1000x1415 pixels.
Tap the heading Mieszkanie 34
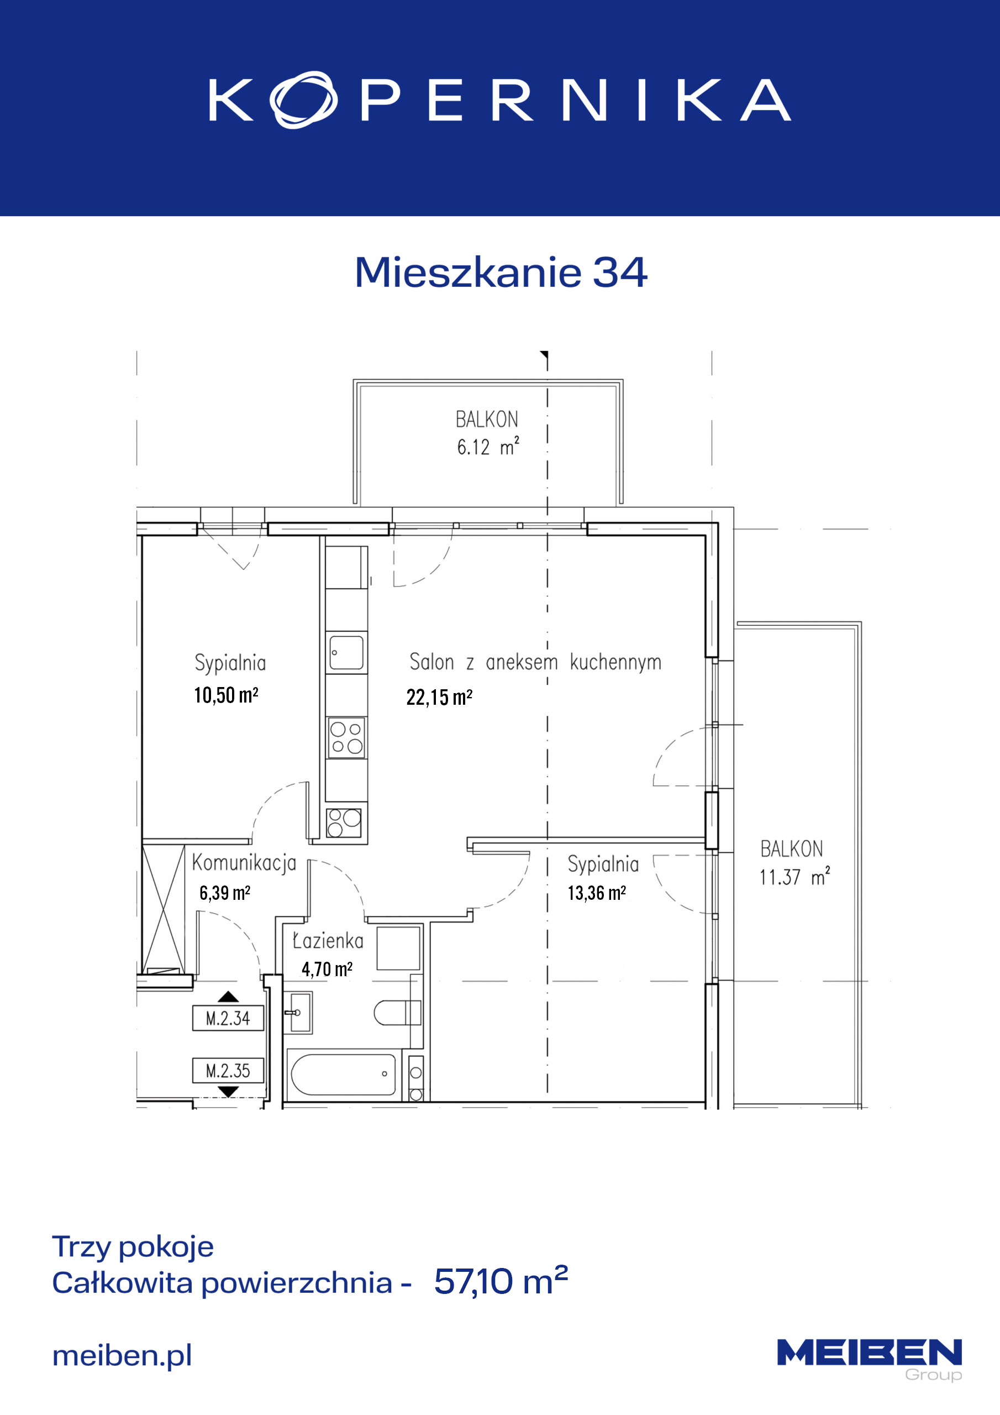coord(501,272)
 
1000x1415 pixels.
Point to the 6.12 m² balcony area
coord(488,446)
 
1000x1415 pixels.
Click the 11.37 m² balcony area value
coord(794,877)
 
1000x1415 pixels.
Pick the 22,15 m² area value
coord(439,697)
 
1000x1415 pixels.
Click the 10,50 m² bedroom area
coord(226,695)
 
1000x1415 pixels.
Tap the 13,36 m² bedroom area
coord(597,893)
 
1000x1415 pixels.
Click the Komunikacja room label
coord(244,863)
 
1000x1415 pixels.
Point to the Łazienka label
coord(328,940)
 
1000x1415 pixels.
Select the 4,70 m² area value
coord(327,969)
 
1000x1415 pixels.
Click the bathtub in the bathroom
coord(343,1074)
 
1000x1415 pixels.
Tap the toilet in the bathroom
coord(397,1013)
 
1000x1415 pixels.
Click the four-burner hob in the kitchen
coord(346,738)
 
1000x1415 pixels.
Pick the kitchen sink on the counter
coord(346,653)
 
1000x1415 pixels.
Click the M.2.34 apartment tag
coord(228,1018)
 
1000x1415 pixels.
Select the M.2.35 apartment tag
coord(228,1071)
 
